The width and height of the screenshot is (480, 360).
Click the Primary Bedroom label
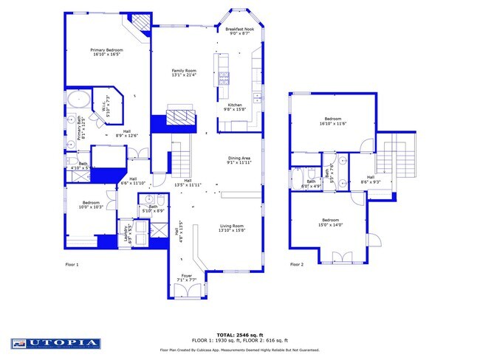coord(107,52)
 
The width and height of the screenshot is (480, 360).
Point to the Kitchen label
coord(235,108)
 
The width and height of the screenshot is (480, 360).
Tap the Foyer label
coord(186,279)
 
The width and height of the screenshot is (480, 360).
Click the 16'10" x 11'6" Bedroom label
coord(332,121)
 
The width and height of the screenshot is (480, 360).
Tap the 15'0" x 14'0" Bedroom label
coord(330,222)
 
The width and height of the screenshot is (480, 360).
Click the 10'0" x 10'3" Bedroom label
coord(91,204)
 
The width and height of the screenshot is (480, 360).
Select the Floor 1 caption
coord(72,263)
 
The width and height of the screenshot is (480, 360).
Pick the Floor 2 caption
coord(296,263)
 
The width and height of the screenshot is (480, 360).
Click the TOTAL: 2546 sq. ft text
coord(240,334)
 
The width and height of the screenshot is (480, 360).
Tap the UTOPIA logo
coord(55,343)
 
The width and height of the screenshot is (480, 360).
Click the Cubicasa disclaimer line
coord(240,350)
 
